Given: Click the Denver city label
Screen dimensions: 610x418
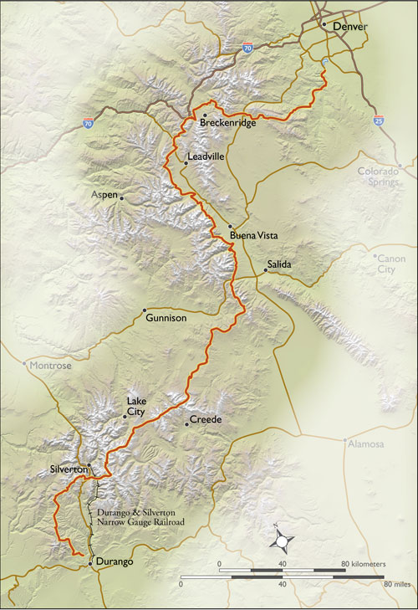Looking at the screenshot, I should [350, 27].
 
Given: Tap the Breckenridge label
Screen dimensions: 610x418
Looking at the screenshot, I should [227, 124].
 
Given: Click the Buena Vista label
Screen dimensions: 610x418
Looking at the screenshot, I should [253, 236].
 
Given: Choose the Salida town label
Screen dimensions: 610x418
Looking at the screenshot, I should [279, 264].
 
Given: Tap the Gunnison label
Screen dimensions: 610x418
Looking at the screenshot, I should [166, 319].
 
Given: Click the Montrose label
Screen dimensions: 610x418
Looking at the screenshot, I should [51, 366].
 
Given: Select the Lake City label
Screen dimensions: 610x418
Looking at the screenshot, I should [136, 407].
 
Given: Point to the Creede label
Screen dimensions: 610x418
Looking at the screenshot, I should [205, 419].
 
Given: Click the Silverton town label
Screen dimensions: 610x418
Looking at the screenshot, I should [69, 469].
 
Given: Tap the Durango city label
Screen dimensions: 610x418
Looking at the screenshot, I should [115, 561].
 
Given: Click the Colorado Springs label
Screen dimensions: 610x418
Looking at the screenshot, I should [379, 177].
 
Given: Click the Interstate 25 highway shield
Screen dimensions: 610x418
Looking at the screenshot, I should [379, 121].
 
